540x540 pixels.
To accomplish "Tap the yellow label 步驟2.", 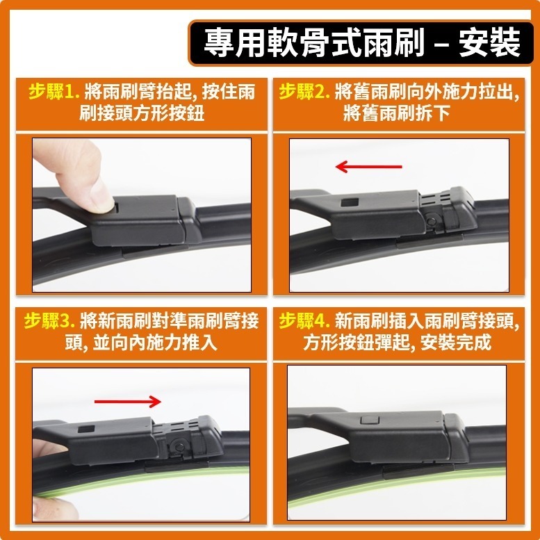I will [304, 92].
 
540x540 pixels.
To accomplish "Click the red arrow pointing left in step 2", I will [368, 167].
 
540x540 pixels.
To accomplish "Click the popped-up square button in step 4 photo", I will [368, 420].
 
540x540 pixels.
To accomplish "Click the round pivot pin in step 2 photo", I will [432, 222].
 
